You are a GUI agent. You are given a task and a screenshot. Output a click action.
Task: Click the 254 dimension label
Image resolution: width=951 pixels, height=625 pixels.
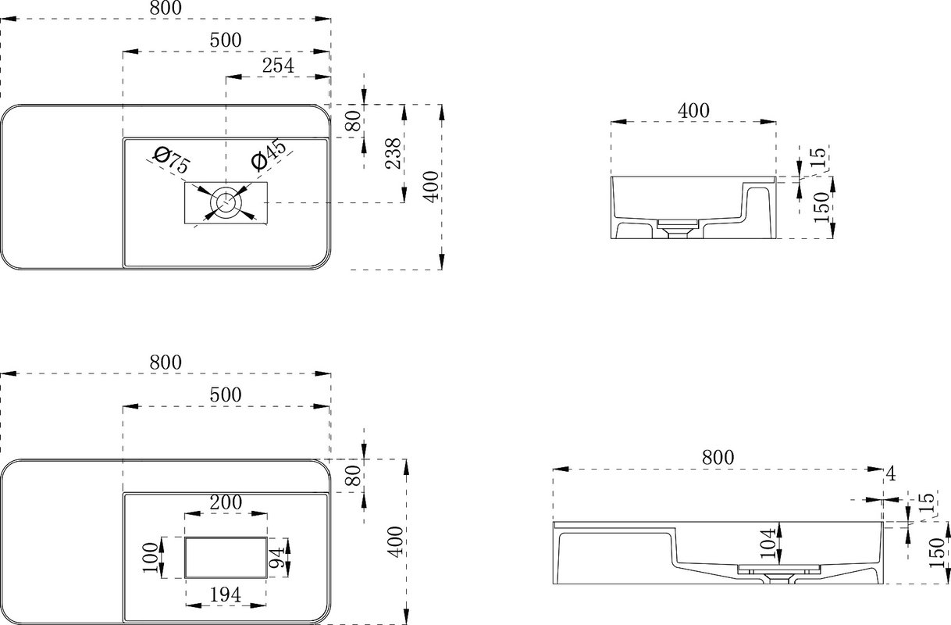[278, 66]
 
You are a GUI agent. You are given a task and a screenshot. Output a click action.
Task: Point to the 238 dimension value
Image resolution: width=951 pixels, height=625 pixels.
[394, 153]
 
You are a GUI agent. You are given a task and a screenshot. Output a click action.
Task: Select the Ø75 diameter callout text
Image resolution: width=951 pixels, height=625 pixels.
[171, 159]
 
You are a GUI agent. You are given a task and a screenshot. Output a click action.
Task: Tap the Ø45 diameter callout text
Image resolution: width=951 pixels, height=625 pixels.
[269, 155]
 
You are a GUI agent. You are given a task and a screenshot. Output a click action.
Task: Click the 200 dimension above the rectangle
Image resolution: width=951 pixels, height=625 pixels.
[226, 502]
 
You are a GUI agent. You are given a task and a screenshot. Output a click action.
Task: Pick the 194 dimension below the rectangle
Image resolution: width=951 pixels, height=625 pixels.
[226, 595]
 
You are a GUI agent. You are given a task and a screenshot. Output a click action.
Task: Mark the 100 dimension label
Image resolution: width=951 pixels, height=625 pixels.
[150, 558]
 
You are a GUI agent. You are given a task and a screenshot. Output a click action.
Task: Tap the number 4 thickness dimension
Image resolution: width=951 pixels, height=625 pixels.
[891, 473]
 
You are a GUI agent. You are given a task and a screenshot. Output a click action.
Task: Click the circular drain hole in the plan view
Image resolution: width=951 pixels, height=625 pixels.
[226, 202]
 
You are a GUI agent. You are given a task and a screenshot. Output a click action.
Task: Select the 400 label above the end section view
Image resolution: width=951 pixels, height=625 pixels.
[693, 111]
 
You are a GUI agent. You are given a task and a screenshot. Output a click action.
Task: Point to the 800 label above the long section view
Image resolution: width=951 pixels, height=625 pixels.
[718, 458]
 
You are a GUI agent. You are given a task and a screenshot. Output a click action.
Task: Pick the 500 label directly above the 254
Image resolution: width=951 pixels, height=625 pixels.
[226, 40]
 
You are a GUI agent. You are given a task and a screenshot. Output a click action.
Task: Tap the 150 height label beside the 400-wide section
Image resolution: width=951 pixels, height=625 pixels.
[821, 207]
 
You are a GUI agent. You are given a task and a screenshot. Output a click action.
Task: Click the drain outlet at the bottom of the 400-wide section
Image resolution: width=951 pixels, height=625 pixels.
[678, 230]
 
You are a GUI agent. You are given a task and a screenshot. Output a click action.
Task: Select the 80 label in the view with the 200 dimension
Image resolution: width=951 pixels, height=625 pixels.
[353, 476]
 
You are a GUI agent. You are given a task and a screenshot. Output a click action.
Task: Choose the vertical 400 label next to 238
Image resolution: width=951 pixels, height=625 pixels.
[431, 187]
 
